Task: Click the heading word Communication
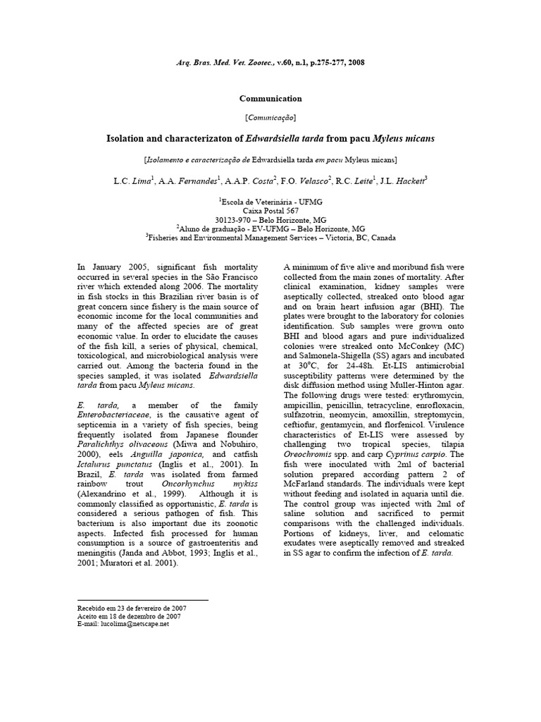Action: [270, 99]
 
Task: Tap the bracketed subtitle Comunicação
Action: [270, 117]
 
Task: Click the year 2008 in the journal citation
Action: [355, 63]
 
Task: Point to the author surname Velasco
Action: [315, 181]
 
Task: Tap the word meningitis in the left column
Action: [100, 554]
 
